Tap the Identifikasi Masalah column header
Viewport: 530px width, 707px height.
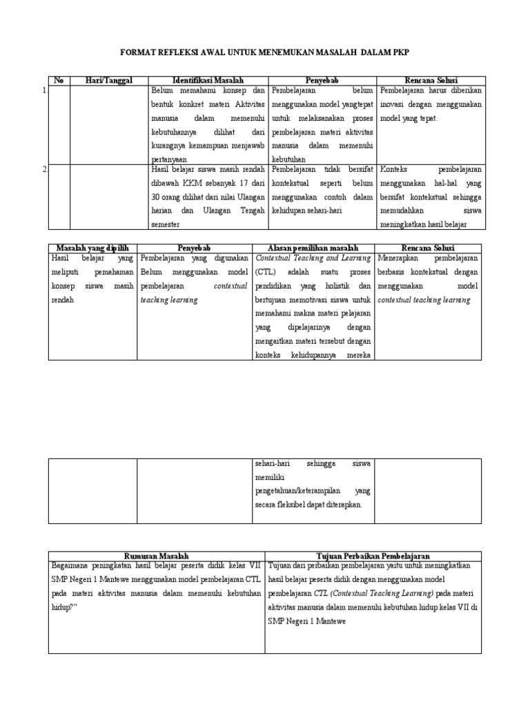(x=208, y=81)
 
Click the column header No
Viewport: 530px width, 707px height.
(x=59, y=81)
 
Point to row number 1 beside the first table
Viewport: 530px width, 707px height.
(x=45, y=90)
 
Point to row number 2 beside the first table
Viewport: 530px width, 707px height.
(x=45, y=170)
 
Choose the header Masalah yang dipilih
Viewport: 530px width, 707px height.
(x=92, y=247)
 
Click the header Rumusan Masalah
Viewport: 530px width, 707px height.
(x=156, y=555)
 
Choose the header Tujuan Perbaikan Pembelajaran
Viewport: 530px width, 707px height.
(x=373, y=555)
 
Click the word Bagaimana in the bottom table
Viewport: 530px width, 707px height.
(x=72, y=565)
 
